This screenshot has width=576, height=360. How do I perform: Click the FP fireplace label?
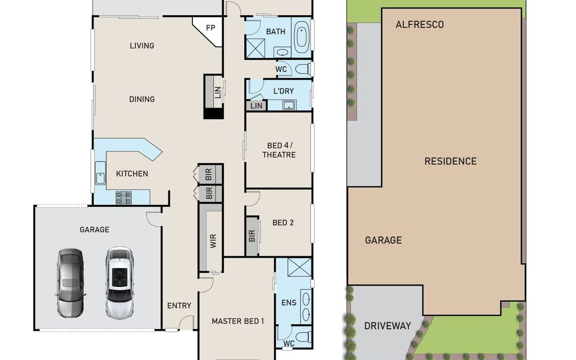210,28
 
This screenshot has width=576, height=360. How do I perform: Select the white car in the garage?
120,283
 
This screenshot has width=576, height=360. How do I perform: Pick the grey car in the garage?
70,283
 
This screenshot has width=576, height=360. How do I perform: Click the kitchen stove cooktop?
123,198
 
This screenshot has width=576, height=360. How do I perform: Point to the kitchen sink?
100,173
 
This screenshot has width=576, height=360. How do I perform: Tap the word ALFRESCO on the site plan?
420,24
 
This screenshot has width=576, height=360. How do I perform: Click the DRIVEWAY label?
387,326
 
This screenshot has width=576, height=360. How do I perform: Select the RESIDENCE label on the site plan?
451,161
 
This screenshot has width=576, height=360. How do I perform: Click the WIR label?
213,241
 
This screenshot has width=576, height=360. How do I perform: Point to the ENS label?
289,303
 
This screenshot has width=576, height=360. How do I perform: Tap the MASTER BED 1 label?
238,321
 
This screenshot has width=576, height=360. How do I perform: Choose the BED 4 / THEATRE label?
279,150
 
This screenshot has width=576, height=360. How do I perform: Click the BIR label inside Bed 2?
252,236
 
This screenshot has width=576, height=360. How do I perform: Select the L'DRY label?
283,91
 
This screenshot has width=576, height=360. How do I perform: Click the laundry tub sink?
289,105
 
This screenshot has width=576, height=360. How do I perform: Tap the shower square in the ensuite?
300,267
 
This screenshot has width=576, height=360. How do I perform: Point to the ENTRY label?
179,305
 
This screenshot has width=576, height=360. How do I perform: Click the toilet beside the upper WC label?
303,69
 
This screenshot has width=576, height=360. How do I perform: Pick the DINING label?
142,99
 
